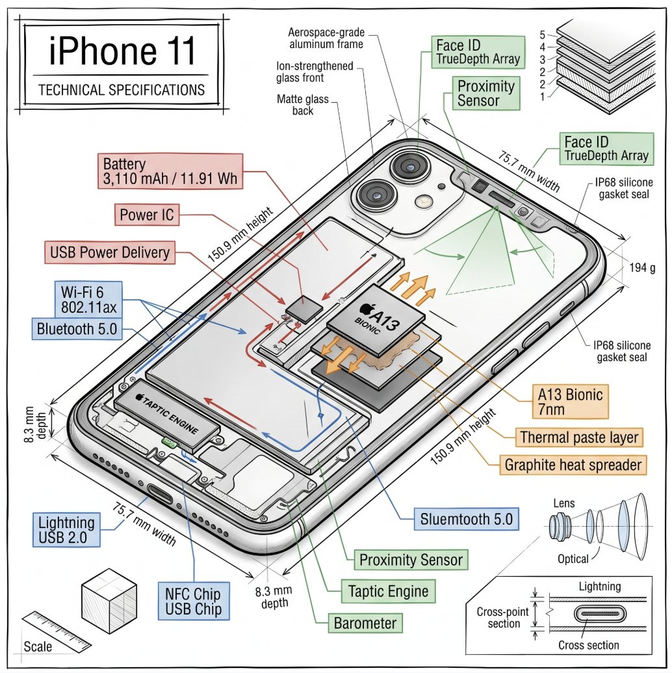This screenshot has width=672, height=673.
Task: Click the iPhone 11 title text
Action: point(122,52)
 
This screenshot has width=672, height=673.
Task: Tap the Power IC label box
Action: point(148,214)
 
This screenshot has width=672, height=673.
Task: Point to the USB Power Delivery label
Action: point(110,252)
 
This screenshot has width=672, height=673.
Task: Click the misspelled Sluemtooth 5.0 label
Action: point(467,519)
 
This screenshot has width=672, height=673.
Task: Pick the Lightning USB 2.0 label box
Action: point(66,530)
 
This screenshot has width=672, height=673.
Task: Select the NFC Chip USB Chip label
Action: point(193,601)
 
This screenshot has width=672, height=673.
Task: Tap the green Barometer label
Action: point(365,624)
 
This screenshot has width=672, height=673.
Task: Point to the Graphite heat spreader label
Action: point(574,464)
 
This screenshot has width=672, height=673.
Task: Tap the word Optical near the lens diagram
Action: point(573,559)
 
